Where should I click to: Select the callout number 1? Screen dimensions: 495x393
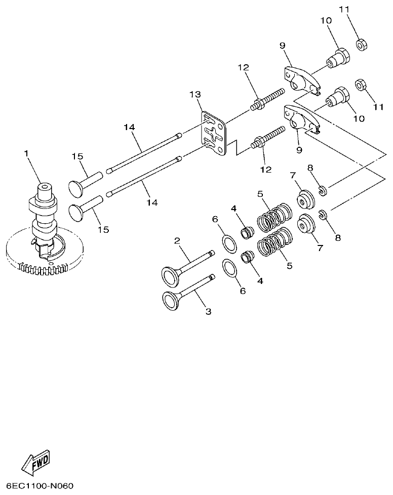pos(27,152)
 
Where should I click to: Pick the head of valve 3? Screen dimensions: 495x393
pos(170,298)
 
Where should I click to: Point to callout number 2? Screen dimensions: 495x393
pos(177,241)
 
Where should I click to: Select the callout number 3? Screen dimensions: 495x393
pos(208,312)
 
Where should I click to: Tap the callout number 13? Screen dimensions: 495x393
pos(195,95)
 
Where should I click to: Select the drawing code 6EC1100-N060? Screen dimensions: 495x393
pos(41,486)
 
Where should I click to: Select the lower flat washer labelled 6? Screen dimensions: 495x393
pos(230,268)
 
